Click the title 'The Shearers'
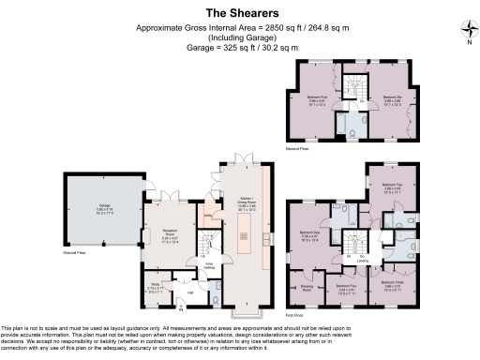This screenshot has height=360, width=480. click(239, 13)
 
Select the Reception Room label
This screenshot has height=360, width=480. click(170, 236)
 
